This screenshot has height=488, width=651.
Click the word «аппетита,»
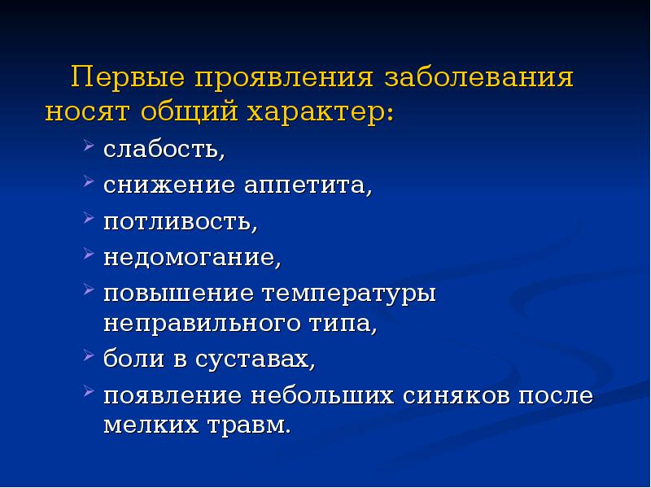click(x=308, y=187)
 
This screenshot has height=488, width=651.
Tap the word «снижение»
click(x=167, y=187)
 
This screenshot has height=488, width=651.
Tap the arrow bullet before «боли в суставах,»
click(x=89, y=356)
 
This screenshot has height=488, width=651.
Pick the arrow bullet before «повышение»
click(x=89, y=290)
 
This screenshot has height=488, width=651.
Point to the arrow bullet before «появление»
click(x=89, y=394)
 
